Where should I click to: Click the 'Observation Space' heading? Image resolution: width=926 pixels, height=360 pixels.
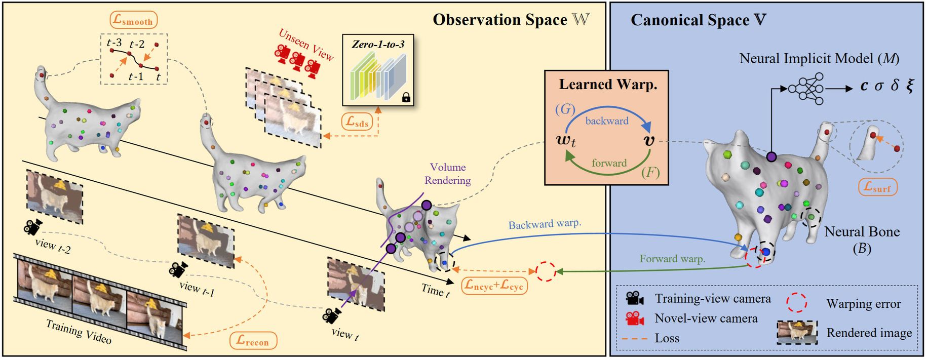click(511, 20)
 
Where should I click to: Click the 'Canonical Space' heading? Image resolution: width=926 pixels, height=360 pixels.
click(698, 20)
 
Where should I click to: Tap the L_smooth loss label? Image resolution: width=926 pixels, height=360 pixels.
click(134, 20)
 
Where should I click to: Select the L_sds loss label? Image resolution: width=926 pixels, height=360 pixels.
click(357, 122)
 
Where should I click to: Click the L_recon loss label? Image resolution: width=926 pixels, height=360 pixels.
click(253, 340)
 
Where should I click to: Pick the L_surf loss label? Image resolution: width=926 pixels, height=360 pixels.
click(878, 187)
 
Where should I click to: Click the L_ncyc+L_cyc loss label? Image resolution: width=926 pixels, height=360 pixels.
click(494, 285)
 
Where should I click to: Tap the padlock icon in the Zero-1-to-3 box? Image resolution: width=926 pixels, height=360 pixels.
click(406, 98)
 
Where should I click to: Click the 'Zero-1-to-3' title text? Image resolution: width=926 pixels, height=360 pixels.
click(378, 45)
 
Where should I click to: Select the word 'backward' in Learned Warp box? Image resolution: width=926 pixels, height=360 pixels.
click(607, 121)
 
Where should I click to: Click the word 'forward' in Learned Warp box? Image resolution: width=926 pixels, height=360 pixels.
click(609, 163)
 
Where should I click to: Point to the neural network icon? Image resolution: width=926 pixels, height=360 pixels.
click(806, 88)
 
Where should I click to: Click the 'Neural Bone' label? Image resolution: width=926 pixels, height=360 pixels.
click(862, 232)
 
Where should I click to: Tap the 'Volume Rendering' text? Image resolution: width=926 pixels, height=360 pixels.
click(447, 174)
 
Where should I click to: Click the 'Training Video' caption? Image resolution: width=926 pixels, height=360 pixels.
click(79, 332)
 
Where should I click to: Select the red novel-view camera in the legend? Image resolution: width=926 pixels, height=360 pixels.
click(635, 318)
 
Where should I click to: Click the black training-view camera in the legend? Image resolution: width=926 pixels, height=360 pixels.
click(635, 298)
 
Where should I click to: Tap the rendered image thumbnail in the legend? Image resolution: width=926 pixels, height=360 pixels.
click(797, 333)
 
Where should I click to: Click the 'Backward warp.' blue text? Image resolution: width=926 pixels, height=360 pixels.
click(545, 224)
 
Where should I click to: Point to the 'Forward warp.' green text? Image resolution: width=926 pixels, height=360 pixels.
click(672, 259)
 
